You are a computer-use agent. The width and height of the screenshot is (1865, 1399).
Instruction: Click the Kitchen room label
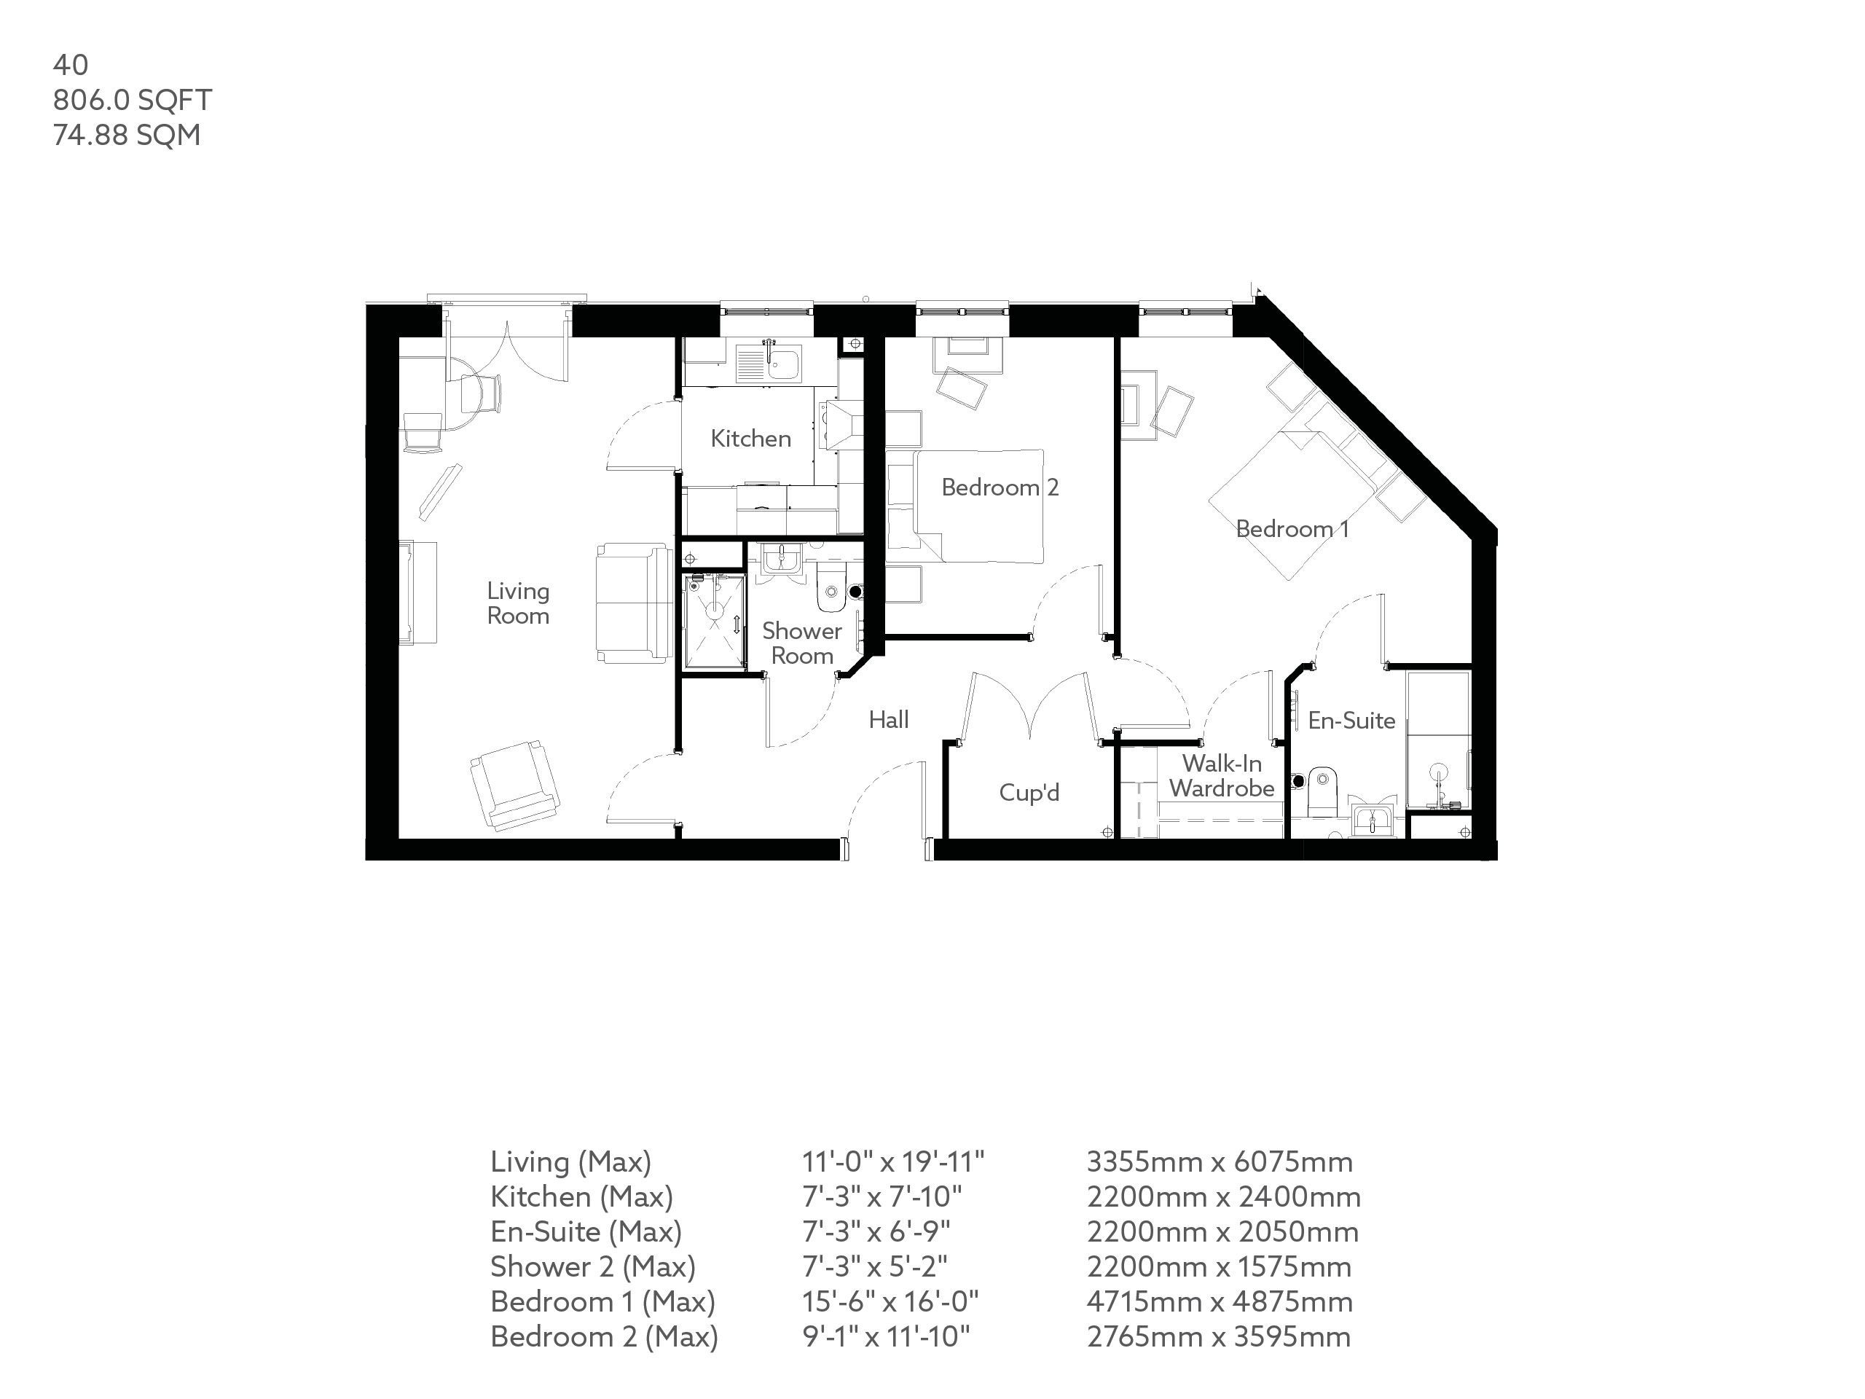750,439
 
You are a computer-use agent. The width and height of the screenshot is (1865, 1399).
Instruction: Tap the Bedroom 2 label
999,487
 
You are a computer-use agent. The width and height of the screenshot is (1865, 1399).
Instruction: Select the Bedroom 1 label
1292,529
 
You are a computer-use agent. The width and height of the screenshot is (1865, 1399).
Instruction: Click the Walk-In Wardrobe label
1222,776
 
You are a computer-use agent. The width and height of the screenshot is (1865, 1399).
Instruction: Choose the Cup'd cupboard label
1029,793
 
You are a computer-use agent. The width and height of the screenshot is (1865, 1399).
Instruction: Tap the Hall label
889,719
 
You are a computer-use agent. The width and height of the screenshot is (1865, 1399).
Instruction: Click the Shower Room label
802,643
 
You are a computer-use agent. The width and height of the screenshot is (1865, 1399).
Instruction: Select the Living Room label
518,603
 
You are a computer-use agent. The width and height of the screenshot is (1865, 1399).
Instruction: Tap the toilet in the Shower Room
831,591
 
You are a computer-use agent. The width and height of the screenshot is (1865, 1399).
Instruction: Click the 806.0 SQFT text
133,100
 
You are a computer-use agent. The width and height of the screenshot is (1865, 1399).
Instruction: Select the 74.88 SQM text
127,135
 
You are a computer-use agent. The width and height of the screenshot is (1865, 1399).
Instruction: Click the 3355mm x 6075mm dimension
1219,1162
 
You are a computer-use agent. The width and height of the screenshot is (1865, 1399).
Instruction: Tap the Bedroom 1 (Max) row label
602,1302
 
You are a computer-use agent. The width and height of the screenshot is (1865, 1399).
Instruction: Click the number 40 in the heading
70,65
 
